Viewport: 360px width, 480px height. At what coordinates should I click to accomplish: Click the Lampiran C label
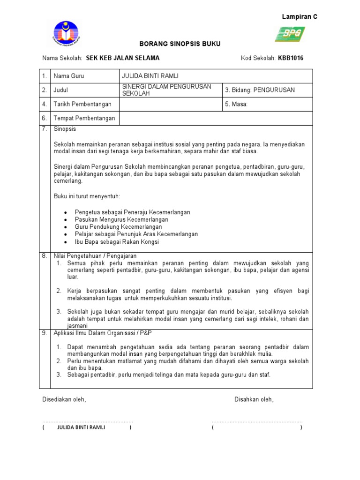point(299,16)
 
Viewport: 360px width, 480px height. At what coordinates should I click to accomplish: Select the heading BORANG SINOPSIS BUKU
point(180,44)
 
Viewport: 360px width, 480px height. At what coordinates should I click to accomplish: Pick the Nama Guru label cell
point(69,76)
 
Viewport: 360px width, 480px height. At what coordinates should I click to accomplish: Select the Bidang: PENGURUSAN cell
point(260,90)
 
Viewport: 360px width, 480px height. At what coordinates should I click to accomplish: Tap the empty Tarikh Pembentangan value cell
point(170,104)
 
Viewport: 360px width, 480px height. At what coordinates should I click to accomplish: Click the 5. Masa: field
point(236,104)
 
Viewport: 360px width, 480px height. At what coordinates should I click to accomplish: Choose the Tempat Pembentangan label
point(84,118)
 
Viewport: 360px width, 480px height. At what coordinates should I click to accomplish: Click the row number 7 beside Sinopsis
point(44,129)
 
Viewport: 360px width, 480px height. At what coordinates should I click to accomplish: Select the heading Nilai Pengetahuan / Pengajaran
point(94,256)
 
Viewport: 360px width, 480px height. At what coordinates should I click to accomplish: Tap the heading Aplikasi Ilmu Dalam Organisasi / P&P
point(103,332)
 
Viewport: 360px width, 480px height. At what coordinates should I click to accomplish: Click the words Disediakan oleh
point(64,399)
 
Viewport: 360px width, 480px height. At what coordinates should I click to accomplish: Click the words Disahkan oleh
point(254,399)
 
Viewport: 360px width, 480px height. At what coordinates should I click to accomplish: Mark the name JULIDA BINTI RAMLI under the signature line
point(81,427)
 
